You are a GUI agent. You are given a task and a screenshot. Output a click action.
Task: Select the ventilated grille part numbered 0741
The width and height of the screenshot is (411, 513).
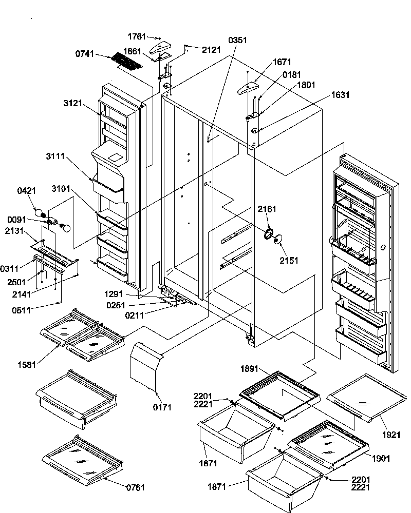coord(126,62)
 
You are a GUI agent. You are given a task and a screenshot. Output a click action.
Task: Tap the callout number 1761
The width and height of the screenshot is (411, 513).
coord(137,37)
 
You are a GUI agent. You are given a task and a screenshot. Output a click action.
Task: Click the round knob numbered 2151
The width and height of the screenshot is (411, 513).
coord(278,240)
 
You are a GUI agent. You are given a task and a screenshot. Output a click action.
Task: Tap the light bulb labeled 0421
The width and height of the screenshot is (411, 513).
coord(39,210)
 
